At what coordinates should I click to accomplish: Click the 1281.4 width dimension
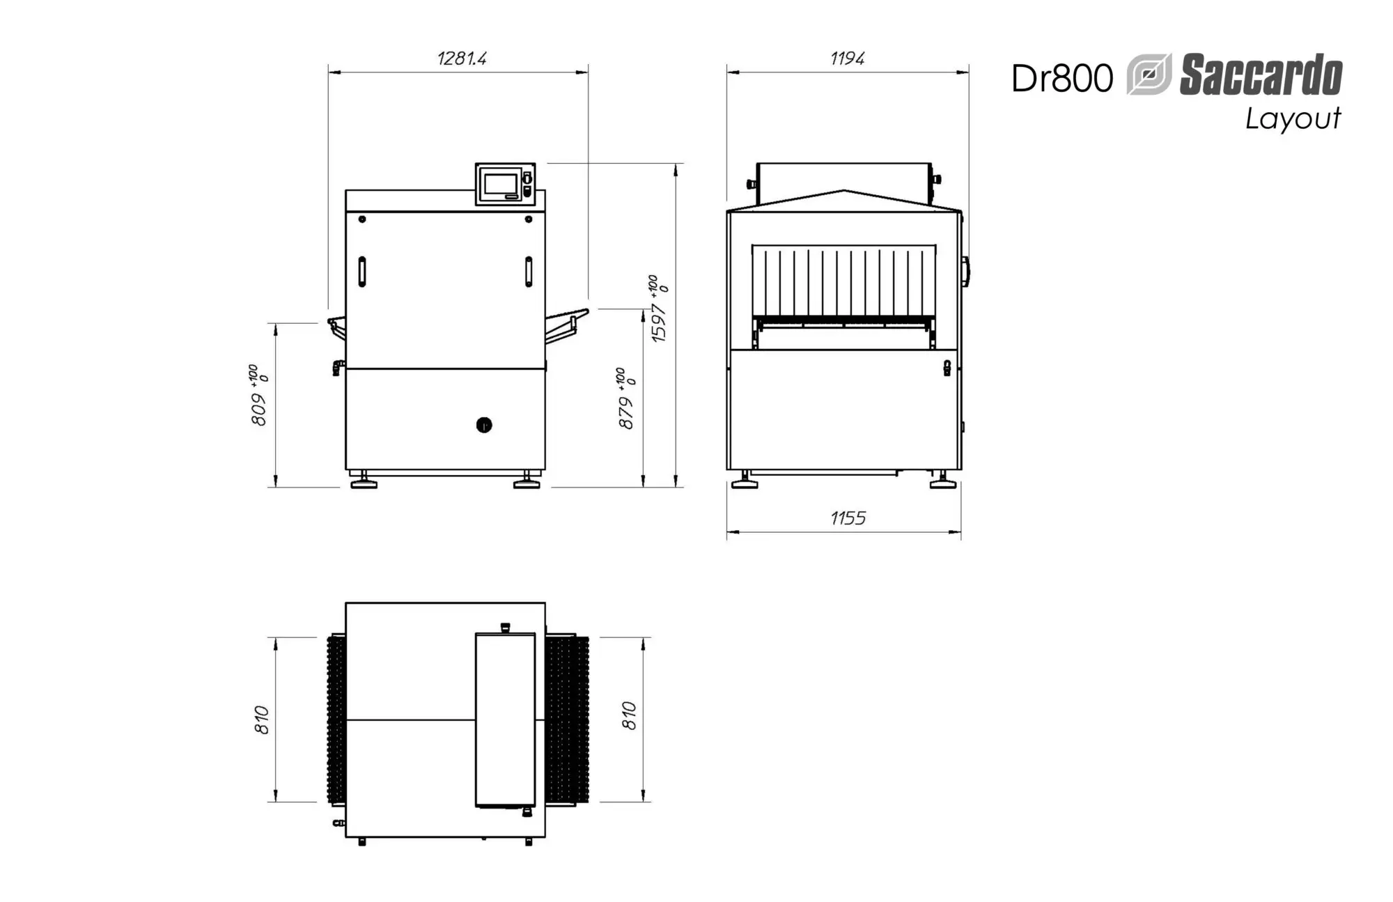pyautogui.click(x=462, y=58)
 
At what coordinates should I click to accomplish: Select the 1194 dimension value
pyautogui.click(x=847, y=58)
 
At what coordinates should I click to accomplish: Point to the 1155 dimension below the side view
pyautogui.click(x=848, y=518)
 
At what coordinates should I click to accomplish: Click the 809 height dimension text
pyautogui.click(x=259, y=395)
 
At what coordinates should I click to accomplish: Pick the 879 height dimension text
pyautogui.click(x=627, y=398)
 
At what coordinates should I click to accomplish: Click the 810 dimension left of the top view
pyautogui.click(x=262, y=720)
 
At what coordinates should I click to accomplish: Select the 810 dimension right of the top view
pyautogui.click(x=629, y=716)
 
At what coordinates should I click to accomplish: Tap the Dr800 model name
pyautogui.click(x=1062, y=78)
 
